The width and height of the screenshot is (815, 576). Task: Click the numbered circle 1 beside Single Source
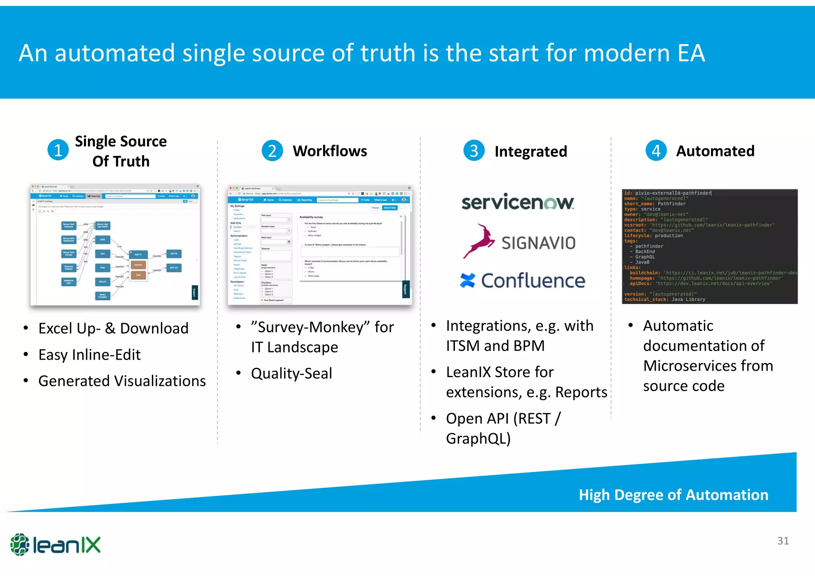tap(58, 150)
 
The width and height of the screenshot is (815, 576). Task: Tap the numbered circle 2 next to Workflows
tap(272, 151)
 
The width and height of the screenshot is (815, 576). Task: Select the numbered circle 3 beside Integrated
tap(474, 151)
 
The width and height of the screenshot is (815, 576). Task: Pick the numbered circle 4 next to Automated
tap(656, 151)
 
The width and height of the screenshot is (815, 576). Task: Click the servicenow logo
tap(517, 202)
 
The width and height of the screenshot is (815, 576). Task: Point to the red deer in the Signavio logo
tap(479, 241)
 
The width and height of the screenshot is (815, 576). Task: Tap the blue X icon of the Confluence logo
tap(468, 280)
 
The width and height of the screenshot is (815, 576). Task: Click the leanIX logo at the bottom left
tap(56, 545)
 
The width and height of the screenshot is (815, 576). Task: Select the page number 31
tap(783, 541)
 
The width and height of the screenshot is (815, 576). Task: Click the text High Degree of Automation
tap(673, 495)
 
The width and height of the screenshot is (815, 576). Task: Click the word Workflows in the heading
tap(330, 151)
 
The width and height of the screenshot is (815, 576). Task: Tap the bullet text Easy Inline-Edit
tap(90, 354)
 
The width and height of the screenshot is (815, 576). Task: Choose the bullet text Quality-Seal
tap(291, 373)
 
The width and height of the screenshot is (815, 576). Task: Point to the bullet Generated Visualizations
tap(122, 381)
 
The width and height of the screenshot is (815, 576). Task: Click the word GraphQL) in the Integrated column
tap(478, 438)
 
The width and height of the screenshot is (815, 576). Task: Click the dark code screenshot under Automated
tap(710, 246)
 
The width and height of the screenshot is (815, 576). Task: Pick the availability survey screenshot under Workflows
tap(320, 245)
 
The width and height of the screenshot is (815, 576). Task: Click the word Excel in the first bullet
tap(55, 329)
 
